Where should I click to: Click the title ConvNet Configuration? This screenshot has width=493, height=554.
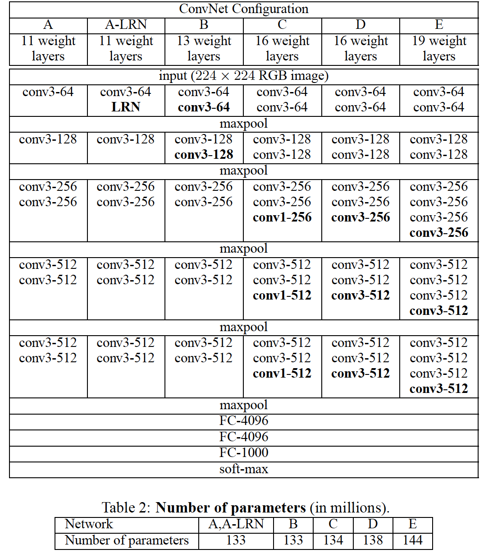[243, 9]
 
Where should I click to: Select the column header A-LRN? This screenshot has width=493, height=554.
[126, 25]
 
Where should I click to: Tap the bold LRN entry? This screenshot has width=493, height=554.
[126, 107]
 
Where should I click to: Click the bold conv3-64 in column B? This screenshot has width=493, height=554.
[204, 107]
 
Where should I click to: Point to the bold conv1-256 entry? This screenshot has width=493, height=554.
[282, 217]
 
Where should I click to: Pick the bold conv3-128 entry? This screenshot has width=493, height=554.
[204, 155]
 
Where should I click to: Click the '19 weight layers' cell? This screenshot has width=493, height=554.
[439, 49]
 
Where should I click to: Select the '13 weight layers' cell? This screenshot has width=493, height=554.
[204, 49]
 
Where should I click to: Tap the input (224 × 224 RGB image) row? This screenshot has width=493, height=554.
[243, 76]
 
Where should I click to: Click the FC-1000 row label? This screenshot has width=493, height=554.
[243, 452]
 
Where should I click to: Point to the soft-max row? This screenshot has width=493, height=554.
[243, 469]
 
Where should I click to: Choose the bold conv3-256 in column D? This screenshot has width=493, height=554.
[361, 217]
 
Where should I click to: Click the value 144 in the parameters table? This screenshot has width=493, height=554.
[412, 540]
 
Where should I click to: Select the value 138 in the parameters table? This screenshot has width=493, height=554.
[373, 540]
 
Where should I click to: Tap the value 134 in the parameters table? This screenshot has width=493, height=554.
[333, 540]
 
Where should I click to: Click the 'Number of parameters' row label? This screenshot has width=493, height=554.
[127, 540]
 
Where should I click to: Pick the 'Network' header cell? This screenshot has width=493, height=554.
[89, 524]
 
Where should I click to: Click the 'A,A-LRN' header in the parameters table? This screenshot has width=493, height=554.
[236, 524]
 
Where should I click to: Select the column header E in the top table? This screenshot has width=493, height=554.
[439, 25]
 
